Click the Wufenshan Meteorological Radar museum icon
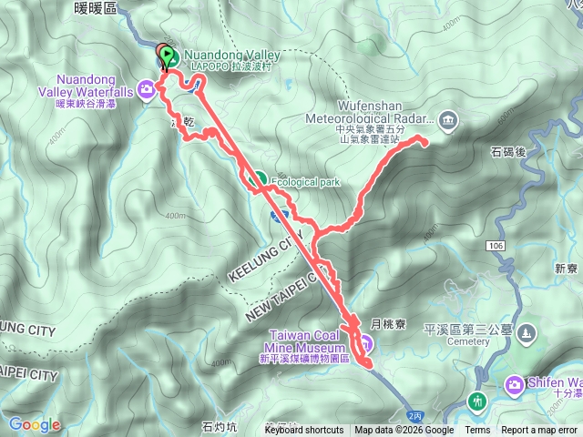(447, 118)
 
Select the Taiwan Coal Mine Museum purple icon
(363, 343)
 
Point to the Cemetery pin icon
(525, 335)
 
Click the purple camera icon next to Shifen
(514, 386)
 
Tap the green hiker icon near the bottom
(476, 401)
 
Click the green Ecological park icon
(259, 180)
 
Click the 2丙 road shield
(414, 415)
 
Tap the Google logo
(35, 424)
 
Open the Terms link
(476, 431)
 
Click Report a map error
(540, 431)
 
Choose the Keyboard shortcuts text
(304, 431)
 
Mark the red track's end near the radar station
(424, 141)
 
